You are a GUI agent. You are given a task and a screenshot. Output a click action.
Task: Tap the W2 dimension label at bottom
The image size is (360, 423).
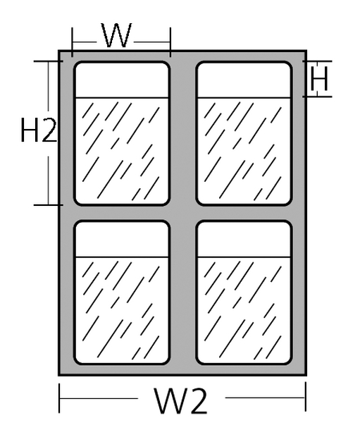click(x=181, y=400)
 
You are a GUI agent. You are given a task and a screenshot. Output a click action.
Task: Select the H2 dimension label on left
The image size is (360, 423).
click(x=39, y=130)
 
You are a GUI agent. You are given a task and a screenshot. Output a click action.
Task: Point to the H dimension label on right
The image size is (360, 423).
click(x=319, y=79)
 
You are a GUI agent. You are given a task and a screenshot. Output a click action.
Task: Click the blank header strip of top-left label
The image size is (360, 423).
click(x=122, y=80)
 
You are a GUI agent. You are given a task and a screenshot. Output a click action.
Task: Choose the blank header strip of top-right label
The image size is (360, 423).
click(x=244, y=80)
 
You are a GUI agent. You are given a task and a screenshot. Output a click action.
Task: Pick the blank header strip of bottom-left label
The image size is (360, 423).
click(x=122, y=240)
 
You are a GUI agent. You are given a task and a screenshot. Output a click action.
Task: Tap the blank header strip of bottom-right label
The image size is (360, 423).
click(x=244, y=240)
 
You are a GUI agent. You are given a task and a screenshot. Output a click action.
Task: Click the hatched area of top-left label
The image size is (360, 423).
click(x=122, y=151)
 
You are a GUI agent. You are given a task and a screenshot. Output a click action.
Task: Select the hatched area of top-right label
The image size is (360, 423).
click(x=244, y=151)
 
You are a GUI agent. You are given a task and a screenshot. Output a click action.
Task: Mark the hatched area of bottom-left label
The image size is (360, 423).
click(x=122, y=309)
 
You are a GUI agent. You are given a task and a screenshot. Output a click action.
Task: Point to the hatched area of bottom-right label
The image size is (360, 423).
click(x=244, y=309)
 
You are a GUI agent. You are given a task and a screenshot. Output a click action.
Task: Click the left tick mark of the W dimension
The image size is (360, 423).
click(x=72, y=42)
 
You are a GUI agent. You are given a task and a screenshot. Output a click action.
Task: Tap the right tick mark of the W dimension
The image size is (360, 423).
click(x=170, y=42)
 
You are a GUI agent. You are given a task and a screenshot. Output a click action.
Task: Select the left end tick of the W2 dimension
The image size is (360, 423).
click(x=59, y=398)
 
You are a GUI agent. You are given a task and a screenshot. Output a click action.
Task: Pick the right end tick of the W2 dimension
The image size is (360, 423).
click(x=306, y=396)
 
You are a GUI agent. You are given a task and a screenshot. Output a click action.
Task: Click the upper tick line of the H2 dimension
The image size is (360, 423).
click(x=49, y=61)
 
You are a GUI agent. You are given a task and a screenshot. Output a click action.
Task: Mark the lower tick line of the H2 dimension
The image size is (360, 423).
click(x=49, y=205)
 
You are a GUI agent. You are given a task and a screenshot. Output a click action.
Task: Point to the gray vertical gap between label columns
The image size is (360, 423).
click(x=183, y=213)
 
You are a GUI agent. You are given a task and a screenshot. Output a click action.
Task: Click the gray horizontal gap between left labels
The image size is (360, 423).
click(x=122, y=213)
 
